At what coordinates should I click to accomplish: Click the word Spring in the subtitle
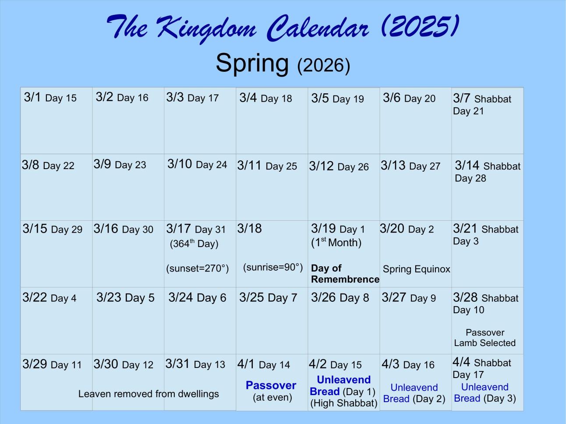[252, 64]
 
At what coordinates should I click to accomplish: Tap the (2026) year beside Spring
[324, 65]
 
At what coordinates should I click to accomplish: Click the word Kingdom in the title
[207, 28]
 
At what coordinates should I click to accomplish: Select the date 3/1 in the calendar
[32, 97]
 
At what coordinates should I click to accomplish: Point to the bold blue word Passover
[271, 385]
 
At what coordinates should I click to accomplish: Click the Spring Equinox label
[417, 269]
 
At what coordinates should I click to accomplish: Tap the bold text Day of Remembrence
[345, 274]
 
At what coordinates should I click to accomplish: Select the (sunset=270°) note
[198, 269]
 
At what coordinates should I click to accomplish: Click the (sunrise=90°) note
[273, 268]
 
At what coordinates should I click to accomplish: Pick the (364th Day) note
[194, 244]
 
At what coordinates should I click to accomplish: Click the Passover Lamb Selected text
[485, 338]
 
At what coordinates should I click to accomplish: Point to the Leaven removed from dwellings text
[149, 394]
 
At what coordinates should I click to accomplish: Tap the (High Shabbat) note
[344, 403]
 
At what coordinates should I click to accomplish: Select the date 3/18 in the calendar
[249, 229]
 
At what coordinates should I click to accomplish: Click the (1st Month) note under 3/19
[336, 243]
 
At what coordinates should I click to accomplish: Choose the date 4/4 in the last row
[461, 362]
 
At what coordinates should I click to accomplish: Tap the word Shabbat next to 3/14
[502, 166]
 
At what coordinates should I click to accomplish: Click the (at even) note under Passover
[272, 397]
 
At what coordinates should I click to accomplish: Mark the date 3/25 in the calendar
[251, 297]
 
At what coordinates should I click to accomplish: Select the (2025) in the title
[420, 27]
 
